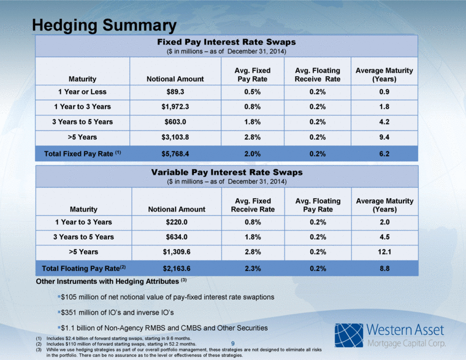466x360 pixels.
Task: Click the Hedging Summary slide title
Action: (104, 25)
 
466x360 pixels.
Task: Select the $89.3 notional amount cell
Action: (175, 92)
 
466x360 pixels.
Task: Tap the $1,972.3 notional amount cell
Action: (175, 107)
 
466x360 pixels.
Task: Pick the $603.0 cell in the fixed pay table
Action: (175, 122)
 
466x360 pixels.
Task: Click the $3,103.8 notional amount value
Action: (175, 137)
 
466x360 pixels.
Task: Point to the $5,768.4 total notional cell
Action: (175, 154)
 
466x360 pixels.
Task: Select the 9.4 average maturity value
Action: (384, 137)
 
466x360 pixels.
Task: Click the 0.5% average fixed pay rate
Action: (253, 92)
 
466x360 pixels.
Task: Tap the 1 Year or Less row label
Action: (82, 92)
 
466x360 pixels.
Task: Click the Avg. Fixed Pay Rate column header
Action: (253, 75)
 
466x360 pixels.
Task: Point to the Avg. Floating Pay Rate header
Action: (318, 205)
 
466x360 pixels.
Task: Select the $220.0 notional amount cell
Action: (177, 222)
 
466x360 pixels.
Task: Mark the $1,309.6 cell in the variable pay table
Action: (177, 252)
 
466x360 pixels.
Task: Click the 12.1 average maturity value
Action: (384, 252)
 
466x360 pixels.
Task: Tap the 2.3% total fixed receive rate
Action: (253, 269)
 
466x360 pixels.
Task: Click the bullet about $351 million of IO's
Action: (116, 312)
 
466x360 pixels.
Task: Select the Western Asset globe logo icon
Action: (349, 335)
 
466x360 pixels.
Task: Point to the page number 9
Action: (233, 343)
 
